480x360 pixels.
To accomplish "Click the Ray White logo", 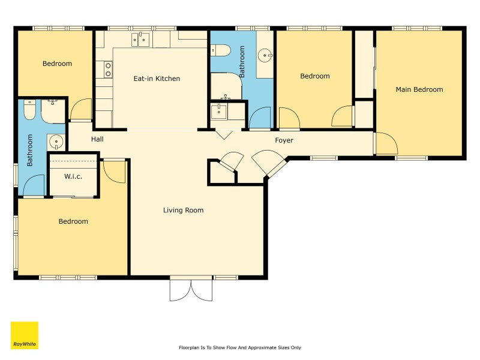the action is tap(25, 335).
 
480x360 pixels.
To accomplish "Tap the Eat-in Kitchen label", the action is tap(157, 79).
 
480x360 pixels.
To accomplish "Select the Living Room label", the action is tap(183, 211).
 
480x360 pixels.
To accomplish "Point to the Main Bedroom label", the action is tap(419, 89).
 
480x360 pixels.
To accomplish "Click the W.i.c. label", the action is tap(73, 176).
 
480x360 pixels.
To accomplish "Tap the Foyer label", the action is tap(284, 140).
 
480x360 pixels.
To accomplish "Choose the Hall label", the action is tap(97, 139).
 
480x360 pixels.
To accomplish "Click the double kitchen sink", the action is tap(140, 40).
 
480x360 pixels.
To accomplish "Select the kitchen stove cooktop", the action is tap(108, 70).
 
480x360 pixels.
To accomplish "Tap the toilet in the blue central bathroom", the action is tap(220, 50).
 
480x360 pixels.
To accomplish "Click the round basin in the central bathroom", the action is tap(265, 56).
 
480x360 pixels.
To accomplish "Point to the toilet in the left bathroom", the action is tap(29, 110).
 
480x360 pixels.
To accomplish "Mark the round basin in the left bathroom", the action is tap(56, 142).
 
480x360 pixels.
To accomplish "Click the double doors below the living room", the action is tap(191, 290).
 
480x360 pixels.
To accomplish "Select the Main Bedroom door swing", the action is tap(386, 143).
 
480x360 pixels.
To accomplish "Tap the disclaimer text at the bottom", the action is tap(240, 347).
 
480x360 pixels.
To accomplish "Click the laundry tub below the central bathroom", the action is tap(219, 112).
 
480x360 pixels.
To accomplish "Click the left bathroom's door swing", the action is tap(34, 185).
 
